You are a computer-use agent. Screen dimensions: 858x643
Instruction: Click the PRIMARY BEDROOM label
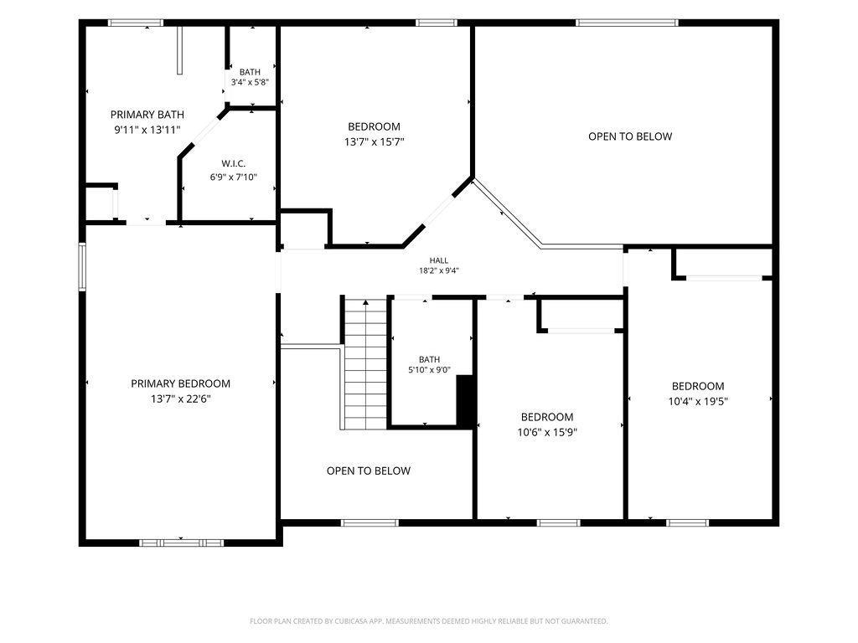tap(181, 383)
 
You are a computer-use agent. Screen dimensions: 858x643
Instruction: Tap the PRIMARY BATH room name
tap(147, 115)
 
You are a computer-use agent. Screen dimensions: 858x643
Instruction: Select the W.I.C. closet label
tap(234, 163)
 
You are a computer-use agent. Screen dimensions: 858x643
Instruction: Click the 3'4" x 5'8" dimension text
tap(250, 83)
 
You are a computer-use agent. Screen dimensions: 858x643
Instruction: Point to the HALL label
tap(439, 261)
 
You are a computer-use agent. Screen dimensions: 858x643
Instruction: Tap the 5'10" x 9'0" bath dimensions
tap(429, 369)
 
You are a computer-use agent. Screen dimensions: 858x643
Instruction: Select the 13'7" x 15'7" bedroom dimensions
tap(375, 142)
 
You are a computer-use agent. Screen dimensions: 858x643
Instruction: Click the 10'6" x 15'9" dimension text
tap(547, 433)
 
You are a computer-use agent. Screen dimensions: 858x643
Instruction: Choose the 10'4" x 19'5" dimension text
tap(698, 401)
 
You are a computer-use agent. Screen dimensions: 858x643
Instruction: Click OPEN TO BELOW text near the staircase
tap(369, 471)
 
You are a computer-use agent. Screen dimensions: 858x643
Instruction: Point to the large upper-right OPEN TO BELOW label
tap(630, 136)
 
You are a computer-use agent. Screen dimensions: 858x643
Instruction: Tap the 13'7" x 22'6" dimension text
tap(181, 399)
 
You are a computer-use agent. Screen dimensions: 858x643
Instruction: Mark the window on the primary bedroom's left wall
tap(82, 267)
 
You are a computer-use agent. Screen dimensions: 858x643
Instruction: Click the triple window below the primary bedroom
tap(181, 543)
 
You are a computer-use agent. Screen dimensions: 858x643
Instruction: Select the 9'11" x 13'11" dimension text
tap(147, 130)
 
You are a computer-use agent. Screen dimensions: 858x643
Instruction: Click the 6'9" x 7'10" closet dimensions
tap(234, 177)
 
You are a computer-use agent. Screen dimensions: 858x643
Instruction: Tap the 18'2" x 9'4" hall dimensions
tap(439, 270)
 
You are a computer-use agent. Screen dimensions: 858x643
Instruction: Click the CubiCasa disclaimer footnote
tap(428, 621)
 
